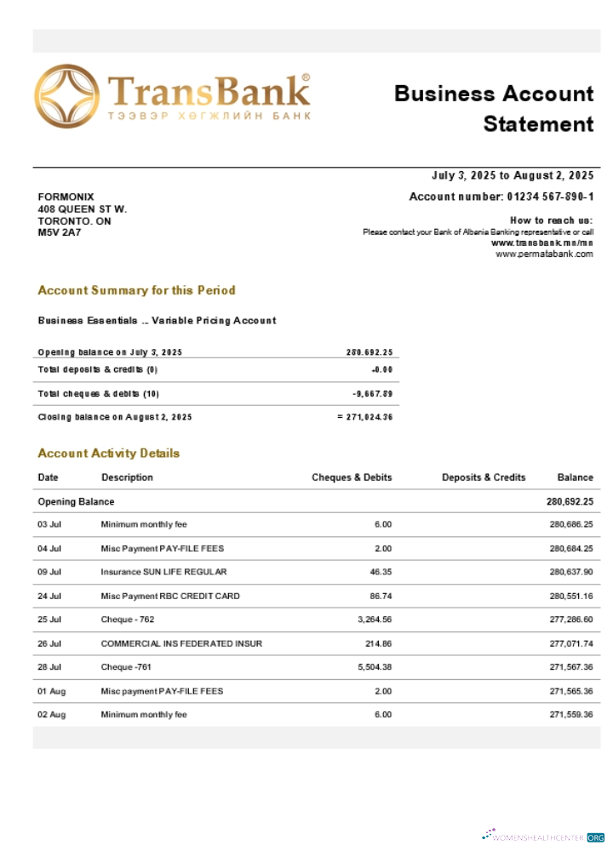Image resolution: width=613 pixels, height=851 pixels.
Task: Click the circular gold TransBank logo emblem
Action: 66,96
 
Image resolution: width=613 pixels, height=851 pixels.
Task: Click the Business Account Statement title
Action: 494,108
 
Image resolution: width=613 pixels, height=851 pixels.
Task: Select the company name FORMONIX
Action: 66,197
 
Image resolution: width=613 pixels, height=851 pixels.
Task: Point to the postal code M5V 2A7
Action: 59,232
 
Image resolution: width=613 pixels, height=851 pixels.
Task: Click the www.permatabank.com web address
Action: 544,254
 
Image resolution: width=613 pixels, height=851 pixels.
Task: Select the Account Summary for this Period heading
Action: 136,290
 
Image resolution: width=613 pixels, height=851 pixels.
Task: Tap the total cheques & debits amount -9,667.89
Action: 372,394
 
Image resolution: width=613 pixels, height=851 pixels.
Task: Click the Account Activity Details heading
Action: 108,454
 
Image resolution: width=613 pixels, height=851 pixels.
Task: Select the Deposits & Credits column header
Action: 484,477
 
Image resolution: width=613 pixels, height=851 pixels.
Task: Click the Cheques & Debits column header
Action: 352,477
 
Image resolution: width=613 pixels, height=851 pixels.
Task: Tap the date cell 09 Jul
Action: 49,572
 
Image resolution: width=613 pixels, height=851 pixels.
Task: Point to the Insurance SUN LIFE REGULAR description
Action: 163,572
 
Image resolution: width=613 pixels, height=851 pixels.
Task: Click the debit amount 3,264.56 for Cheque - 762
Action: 372,620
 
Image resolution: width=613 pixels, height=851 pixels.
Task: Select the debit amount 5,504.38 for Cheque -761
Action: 372,667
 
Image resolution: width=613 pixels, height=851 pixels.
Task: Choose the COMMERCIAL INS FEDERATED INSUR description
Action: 181,643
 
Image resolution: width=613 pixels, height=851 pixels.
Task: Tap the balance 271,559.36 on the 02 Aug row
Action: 570,715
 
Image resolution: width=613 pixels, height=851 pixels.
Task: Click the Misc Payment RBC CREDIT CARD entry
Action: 170,596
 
